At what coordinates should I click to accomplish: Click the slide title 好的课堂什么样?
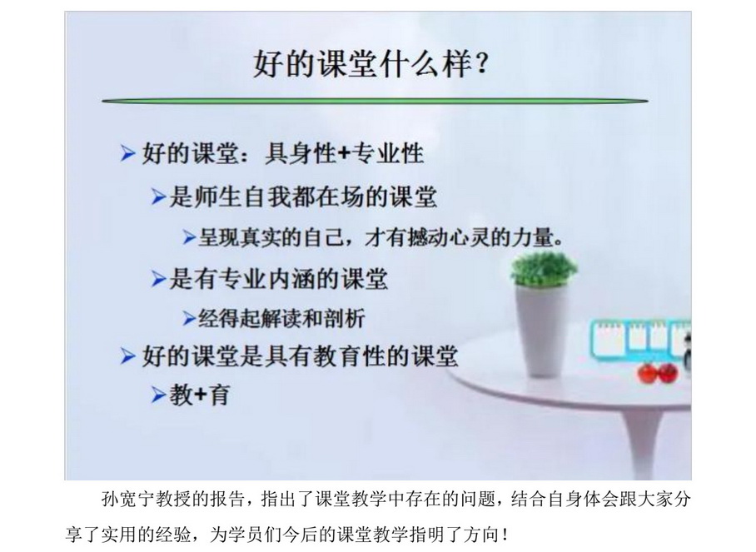click(x=371, y=63)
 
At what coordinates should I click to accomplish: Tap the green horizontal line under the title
click(x=375, y=101)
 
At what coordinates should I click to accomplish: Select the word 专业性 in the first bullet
click(x=388, y=154)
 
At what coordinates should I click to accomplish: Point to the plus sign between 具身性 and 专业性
click(x=344, y=154)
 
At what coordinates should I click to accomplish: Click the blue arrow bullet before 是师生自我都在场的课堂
click(x=159, y=196)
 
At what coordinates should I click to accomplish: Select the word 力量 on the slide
click(x=535, y=237)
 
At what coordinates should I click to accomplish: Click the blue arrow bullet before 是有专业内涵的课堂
click(x=159, y=279)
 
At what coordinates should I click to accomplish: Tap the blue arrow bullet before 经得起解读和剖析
click(x=190, y=319)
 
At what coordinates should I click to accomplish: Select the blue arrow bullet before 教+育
click(x=159, y=395)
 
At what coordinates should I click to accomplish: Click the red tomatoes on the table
click(x=658, y=372)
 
